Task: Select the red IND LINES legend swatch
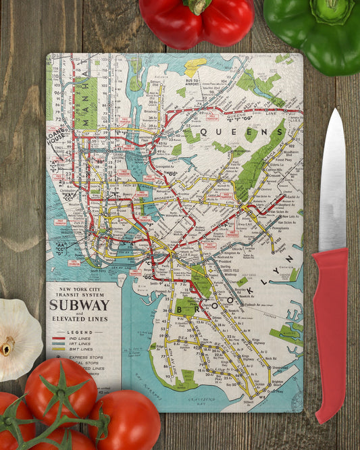59,339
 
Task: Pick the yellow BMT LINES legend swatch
59,351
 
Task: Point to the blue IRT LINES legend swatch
59,345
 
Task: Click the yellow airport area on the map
195,66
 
